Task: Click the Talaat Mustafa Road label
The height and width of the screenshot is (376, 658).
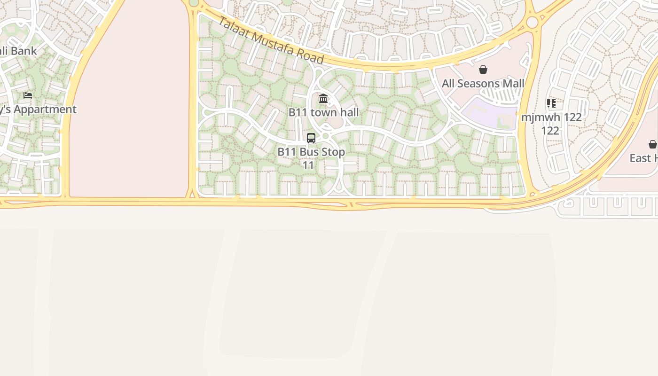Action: pos(271,40)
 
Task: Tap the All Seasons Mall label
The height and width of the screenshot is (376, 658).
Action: pos(483,84)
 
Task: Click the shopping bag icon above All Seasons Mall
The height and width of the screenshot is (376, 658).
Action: pos(483,70)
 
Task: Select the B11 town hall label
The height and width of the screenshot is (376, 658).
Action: pos(323,112)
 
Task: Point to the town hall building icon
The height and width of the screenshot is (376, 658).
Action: pos(323,99)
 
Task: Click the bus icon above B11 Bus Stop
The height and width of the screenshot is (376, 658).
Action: pos(311,138)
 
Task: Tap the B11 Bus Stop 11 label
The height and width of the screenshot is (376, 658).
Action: pos(311,158)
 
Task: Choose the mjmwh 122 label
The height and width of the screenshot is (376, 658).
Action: pos(551,117)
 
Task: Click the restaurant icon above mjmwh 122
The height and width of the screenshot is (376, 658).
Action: pos(551,103)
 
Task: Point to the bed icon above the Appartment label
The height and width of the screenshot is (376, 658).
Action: pos(28,95)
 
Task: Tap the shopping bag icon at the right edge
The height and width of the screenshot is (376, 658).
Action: pos(652,144)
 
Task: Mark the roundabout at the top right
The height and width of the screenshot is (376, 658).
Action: pos(532,22)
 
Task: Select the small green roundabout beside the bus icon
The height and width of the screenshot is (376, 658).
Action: pos(325,136)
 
